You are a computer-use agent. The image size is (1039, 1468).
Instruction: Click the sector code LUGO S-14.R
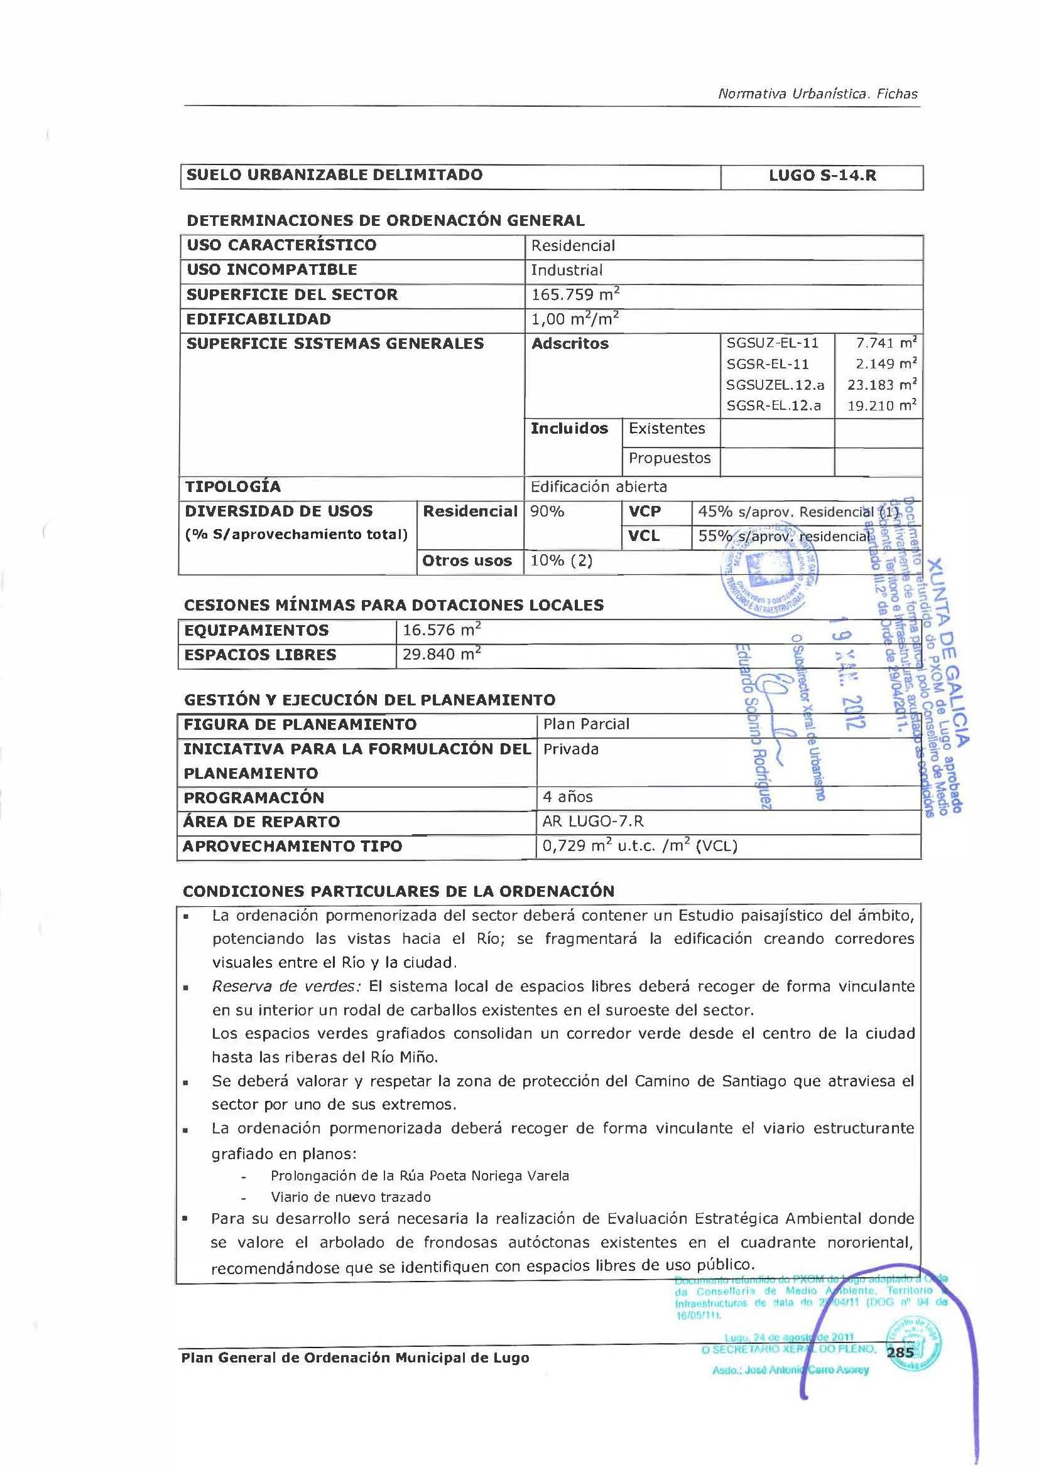point(822,175)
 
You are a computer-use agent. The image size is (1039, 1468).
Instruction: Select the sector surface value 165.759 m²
point(575,295)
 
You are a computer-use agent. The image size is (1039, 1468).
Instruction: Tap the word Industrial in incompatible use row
point(566,270)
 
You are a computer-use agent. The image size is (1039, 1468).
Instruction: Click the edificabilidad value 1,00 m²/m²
point(575,319)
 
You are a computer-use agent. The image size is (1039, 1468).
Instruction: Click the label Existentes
point(666,429)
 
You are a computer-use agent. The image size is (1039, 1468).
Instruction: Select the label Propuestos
point(669,458)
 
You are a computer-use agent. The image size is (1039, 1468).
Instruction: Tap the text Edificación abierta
point(599,486)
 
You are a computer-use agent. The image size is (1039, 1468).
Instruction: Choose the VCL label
point(645,536)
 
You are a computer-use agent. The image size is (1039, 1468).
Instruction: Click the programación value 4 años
point(567,796)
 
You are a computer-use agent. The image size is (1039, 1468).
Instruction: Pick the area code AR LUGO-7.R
point(592,821)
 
